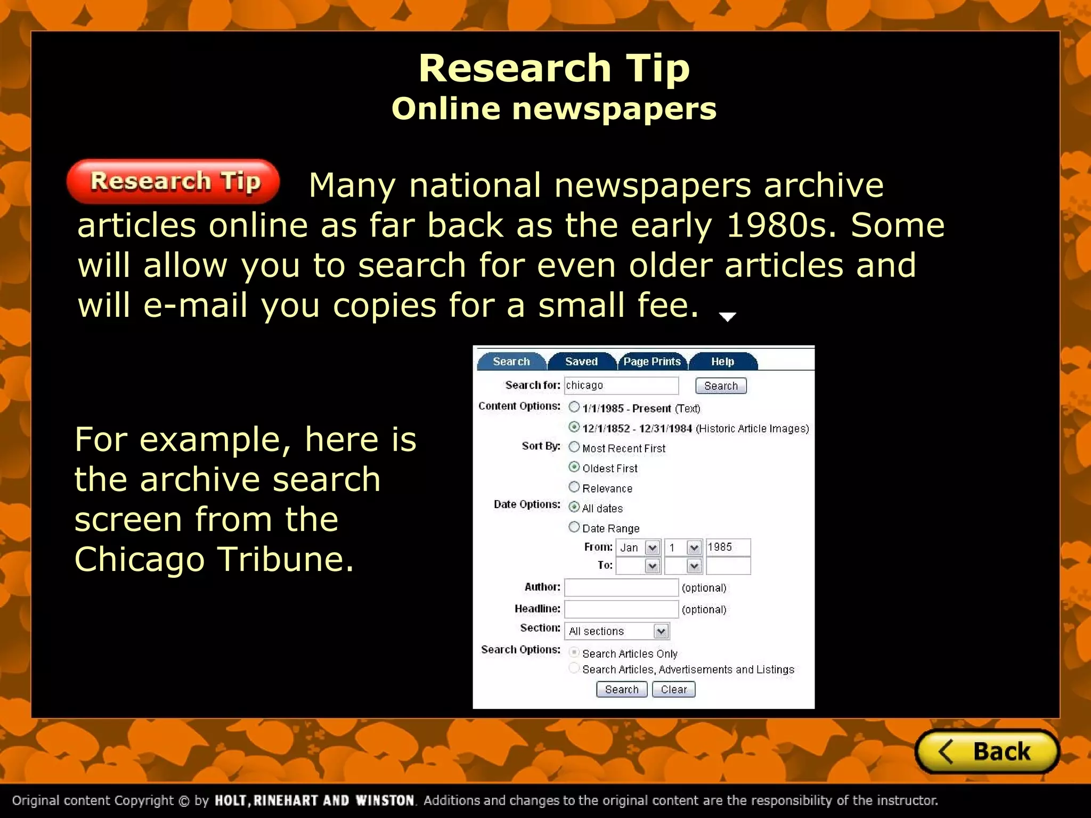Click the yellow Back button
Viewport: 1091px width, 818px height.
coord(987,751)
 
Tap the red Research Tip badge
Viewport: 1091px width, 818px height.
coord(173,182)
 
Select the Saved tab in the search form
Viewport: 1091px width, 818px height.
coord(581,362)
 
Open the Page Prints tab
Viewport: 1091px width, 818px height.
coord(652,362)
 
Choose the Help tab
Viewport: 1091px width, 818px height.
coord(722,362)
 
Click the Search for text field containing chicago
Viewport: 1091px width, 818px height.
coord(621,386)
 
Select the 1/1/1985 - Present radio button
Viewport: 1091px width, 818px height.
coord(574,407)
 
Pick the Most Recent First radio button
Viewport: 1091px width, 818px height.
coord(574,447)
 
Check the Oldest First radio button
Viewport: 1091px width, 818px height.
coord(574,467)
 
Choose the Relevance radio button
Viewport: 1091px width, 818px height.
coord(574,487)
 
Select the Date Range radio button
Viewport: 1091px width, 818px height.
coord(574,527)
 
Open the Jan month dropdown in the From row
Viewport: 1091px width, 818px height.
coord(638,547)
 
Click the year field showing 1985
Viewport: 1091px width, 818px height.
coord(728,547)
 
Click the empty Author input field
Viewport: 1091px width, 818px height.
coord(621,587)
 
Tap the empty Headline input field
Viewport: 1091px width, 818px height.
coord(621,609)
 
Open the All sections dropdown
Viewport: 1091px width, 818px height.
coord(617,631)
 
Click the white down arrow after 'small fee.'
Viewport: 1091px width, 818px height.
coord(727,317)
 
